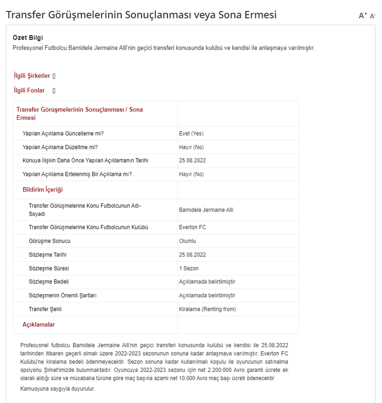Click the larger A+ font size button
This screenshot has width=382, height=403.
[362, 16]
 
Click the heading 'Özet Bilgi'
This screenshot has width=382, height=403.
[28, 38]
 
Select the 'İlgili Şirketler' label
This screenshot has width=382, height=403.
[32, 76]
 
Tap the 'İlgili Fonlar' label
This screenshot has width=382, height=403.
[29, 90]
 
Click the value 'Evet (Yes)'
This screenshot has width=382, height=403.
[191, 134]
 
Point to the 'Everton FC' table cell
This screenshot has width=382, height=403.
[192, 227]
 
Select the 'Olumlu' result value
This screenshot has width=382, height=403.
[188, 241]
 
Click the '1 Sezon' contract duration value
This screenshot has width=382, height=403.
[189, 268]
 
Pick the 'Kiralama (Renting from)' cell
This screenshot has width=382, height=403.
[207, 309]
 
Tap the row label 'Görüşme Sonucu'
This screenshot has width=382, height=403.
[49, 241]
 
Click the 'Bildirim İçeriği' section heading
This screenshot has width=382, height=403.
[42, 190]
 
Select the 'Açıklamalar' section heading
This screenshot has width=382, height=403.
[39, 325]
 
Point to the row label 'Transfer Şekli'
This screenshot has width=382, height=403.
[45, 309]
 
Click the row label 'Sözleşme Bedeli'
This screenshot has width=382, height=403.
[48, 282]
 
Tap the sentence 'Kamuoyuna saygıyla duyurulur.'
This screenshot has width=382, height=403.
[58, 389]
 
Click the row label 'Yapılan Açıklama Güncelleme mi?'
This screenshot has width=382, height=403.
[63, 134]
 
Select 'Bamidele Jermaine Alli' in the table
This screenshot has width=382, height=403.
[206, 210]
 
